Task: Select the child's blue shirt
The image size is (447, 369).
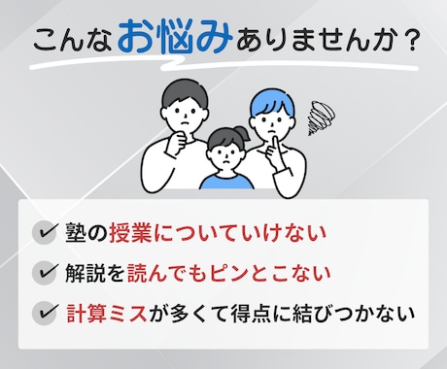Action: (223, 179)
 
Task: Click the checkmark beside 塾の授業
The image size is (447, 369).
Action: (44, 232)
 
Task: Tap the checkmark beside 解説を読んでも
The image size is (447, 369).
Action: (44, 273)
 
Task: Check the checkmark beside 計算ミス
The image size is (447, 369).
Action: (44, 314)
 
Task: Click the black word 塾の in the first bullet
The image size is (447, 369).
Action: (86, 232)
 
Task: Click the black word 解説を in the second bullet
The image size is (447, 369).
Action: (95, 273)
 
